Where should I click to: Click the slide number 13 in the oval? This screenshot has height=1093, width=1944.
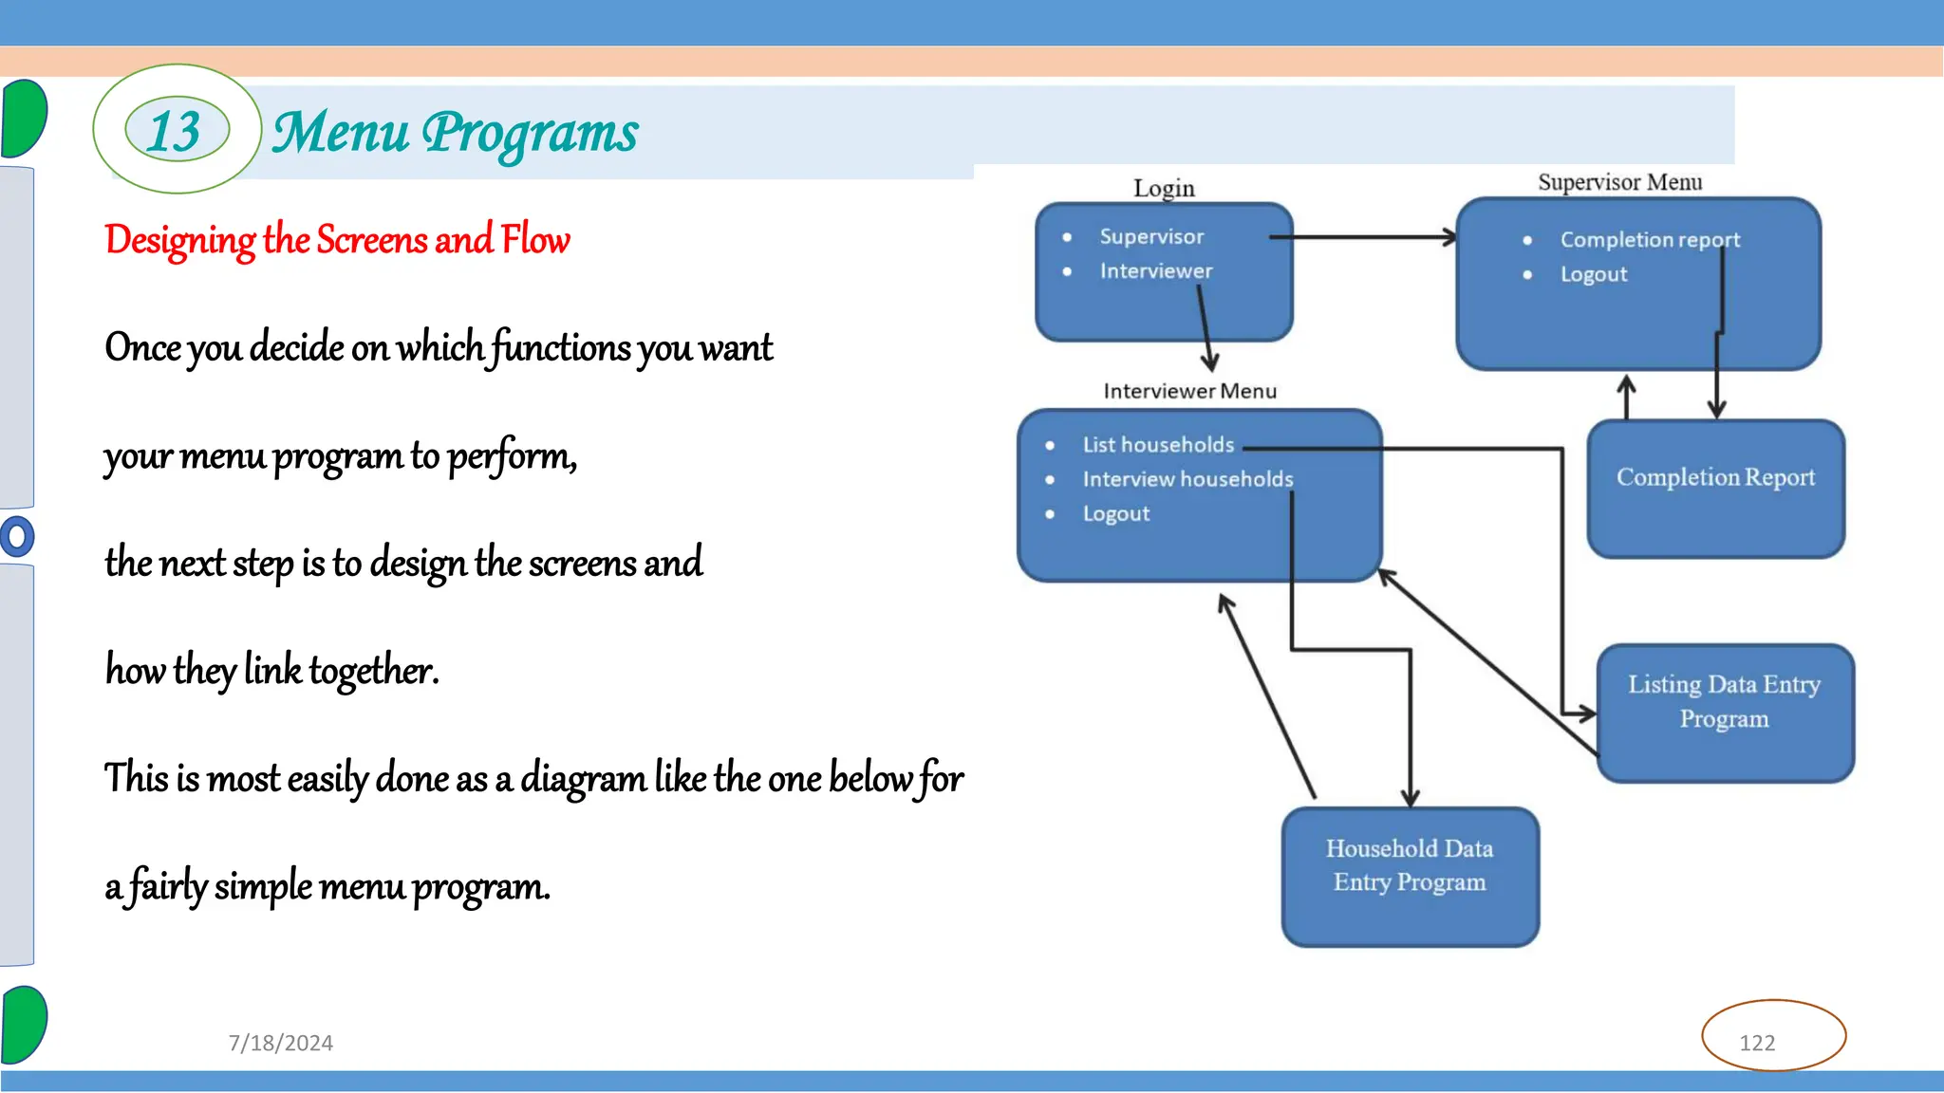tap(176, 130)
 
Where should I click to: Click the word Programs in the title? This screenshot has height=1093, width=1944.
tap(530, 133)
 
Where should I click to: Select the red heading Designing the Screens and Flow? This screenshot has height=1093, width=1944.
tap(337, 240)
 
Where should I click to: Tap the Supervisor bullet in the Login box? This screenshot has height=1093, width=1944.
tap(1151, 236)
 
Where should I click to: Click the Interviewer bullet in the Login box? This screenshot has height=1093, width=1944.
tap(1155, 271)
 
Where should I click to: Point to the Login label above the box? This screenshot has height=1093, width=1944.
tap(1164, 188)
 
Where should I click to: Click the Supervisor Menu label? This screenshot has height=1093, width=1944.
tap(1619, 182)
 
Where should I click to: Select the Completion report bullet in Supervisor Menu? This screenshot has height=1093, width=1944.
tap(1650, 240)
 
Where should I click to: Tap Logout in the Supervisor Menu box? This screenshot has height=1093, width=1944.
tap(1594, 274)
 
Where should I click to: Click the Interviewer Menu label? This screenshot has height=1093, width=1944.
tap(1189, 391)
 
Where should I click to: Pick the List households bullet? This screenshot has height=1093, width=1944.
tap(1158, 445)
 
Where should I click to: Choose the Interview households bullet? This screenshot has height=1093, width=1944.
tap(1187, 479)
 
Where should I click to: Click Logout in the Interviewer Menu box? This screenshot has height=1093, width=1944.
tap(1116, 514)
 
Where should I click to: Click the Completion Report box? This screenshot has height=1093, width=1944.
tap(1715, 489)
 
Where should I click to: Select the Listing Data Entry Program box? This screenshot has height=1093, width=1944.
tap(1724, 713)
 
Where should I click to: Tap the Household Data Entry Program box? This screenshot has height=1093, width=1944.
tap(1410, 876)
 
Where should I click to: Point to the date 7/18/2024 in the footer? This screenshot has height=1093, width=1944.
tap(281, 1043)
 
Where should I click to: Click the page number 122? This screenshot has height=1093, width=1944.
tap(1757, 1043)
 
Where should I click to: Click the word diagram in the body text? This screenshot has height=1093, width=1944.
tap(583, 779)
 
